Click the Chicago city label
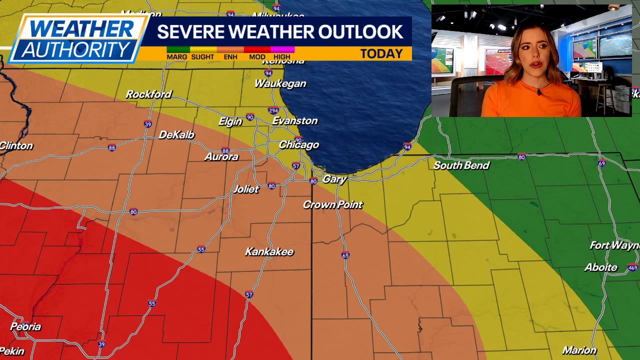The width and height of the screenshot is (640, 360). [x=298, y=145]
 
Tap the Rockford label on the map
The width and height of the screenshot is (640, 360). [x=148, y=94]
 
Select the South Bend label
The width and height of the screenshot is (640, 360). [x=461, y=165]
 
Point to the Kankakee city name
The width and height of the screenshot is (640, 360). [x=269, y=252]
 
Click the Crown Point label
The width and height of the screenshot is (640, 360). [x=332, y=204]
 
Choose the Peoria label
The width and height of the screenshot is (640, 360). [x=25, y=327]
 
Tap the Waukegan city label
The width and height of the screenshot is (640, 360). [x=280, y=83]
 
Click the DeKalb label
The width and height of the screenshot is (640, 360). [x=176, y=135]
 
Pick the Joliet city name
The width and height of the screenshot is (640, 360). [x=246, y=189]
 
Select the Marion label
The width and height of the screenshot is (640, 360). [x=579, y=350]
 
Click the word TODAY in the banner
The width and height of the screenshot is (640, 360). [x=381, y=54]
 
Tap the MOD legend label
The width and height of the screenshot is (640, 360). [x=257, y=57]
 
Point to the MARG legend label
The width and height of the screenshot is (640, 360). [x=176, y=57]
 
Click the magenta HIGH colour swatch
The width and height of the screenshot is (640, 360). [x=282, y=50]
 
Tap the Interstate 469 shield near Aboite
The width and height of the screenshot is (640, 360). [x=632, y=268]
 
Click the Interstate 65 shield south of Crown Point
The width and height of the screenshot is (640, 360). [x=345, y=255]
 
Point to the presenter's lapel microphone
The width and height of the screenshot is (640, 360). [x=538, y=92]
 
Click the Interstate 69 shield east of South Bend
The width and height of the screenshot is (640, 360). [x=601, y=163]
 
